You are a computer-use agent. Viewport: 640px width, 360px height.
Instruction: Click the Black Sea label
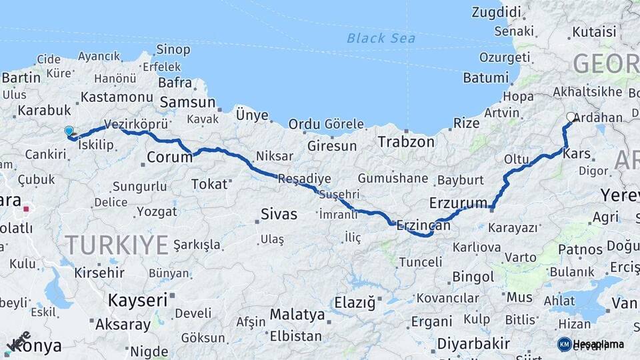(381, 38)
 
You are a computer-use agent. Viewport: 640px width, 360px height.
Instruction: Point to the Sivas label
(279, 214)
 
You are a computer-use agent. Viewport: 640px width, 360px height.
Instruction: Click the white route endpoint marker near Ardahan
(571, 117)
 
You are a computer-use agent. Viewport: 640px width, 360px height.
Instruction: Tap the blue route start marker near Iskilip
(69, 131)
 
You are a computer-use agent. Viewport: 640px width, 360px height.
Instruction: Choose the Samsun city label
(187, 103)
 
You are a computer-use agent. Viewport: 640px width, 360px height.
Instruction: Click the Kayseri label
(137, 300)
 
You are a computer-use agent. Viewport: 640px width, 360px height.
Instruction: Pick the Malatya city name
(297, 314)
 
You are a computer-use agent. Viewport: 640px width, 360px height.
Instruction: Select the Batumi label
(485, 78)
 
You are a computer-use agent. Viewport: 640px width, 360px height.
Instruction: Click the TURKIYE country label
(117, 245)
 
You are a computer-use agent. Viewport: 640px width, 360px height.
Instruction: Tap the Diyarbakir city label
(473, 344)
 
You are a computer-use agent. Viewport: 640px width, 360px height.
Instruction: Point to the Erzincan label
(423, 227)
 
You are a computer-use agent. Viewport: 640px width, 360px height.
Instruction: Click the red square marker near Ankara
(27, 209)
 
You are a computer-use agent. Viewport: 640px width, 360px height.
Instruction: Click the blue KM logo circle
(564, 344)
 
